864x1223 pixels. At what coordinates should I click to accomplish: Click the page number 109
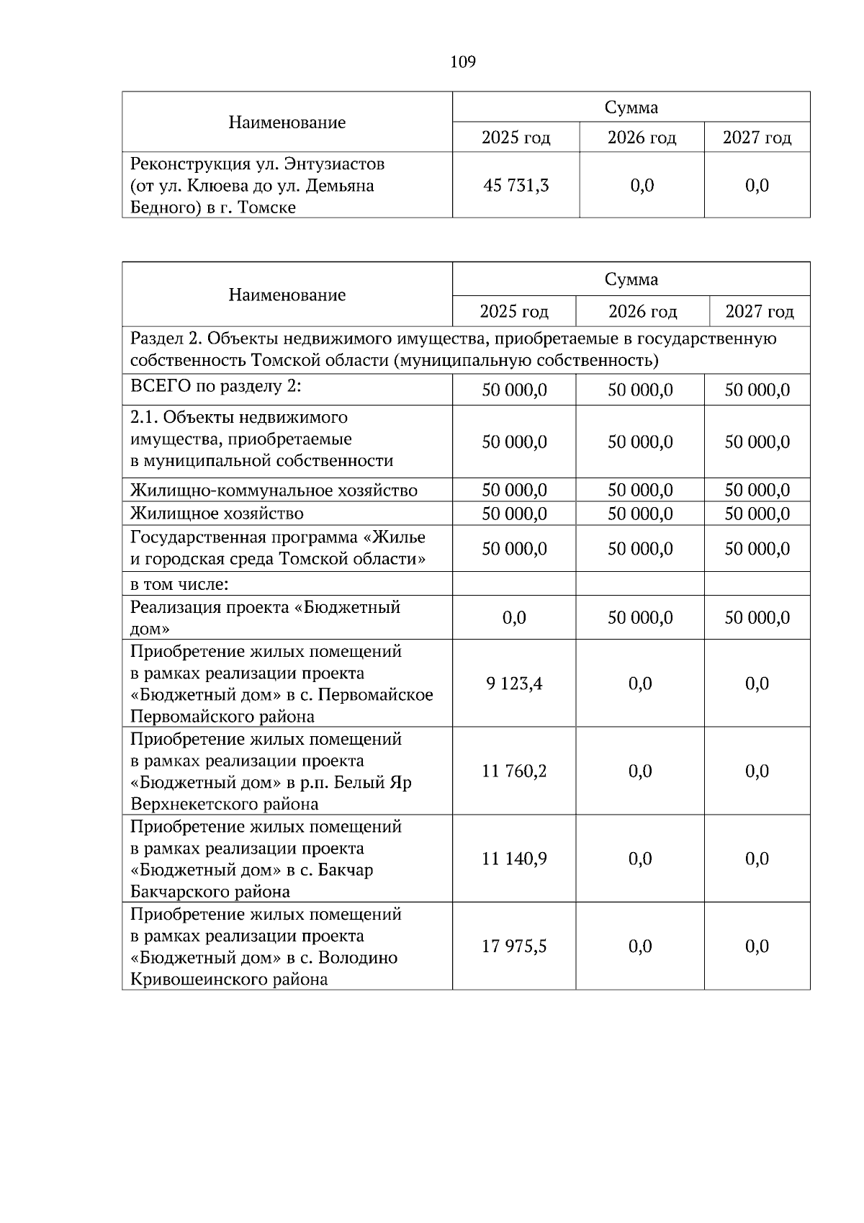tap(463, 62)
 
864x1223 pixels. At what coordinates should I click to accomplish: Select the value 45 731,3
tap(516, 186)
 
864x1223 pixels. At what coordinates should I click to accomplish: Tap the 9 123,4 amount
tap(514, 684)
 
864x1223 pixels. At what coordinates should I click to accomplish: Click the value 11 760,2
tap(514, 771)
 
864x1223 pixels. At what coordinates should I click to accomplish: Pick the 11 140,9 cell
tap(514, 859)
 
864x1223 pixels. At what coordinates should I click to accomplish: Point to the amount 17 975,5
tap(514, 946)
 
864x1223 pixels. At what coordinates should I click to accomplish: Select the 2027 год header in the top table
tap(757, 138)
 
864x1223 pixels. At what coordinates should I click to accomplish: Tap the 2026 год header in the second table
tap(642, 312)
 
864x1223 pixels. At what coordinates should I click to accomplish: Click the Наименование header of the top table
tap(287, 122)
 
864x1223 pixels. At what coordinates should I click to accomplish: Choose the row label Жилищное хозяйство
tap(217, 514)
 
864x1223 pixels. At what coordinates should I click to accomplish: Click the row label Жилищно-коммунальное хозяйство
tap(274, 491)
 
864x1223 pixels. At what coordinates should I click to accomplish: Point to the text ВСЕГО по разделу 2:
tap(215, 386)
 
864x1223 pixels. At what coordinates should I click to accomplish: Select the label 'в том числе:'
tap(179, 584)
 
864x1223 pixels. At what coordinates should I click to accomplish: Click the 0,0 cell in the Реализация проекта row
tap(514, 618)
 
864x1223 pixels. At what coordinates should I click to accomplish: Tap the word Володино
tap(357, 958)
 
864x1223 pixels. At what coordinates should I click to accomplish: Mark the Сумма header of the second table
tap(631, 279)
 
